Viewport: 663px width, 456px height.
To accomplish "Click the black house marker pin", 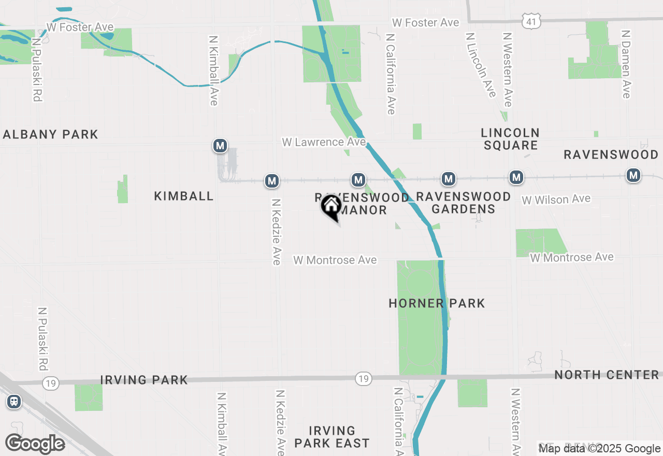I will [330, 207].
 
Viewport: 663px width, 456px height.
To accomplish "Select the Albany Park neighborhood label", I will [50, 135].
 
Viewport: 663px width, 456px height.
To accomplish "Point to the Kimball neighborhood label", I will [183, 196].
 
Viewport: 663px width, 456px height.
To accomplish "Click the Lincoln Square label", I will [510, 139].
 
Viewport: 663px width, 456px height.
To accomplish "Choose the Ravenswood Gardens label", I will [463, 203].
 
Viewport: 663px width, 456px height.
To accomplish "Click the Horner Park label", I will [437, 303].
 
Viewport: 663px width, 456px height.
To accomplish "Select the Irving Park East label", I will [331, 437].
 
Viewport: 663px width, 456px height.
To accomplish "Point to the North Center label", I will [607, 375].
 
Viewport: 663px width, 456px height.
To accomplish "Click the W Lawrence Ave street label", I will [324, 142].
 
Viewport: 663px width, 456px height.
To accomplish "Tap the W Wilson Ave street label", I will [556, 199].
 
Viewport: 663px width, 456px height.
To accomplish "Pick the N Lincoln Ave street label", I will [481, 65].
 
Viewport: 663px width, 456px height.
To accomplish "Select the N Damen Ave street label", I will [626, 64].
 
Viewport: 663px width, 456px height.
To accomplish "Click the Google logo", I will [35, 444].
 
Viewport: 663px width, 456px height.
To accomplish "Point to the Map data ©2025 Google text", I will [600, 449].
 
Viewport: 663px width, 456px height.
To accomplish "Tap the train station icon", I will [14, 402].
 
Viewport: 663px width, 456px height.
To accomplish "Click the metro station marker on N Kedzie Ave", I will [271, 181].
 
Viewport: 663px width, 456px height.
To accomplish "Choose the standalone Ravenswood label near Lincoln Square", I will [611, 154].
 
